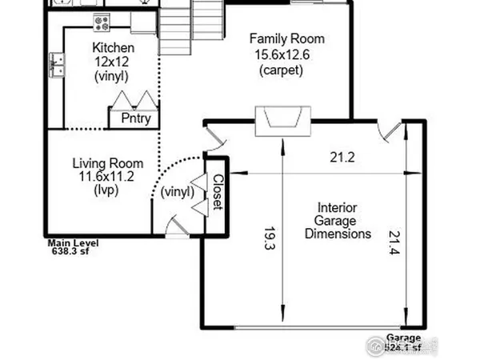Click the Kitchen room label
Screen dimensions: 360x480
tap(113, 47)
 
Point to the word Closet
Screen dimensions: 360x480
tap(217, 192)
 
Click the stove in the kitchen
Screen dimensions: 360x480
tap(102, 19)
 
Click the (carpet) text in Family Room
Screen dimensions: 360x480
tap(281, 70)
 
